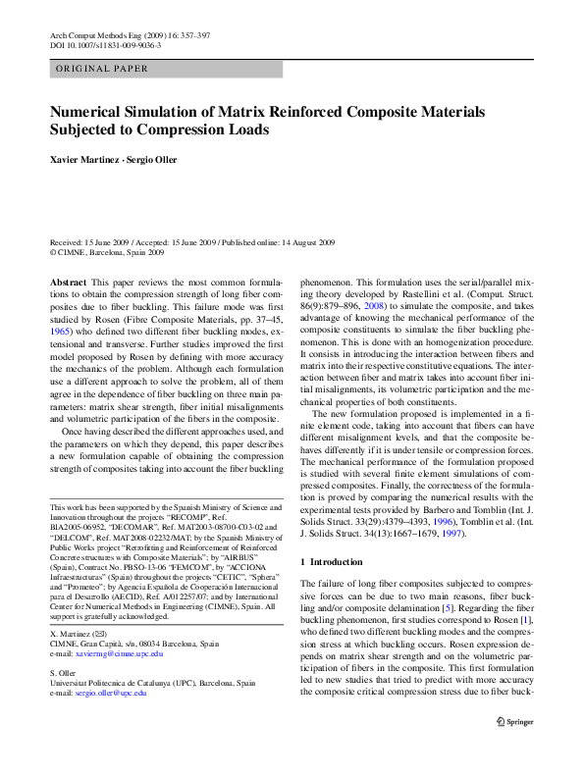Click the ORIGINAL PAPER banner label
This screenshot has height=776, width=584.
click(102, 69)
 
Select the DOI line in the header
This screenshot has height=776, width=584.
click(94, 44)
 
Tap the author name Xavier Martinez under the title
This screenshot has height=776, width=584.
click(82, 159)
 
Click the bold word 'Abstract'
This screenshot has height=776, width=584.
click(68, 281)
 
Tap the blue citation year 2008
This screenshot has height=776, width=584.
click(370, 306)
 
